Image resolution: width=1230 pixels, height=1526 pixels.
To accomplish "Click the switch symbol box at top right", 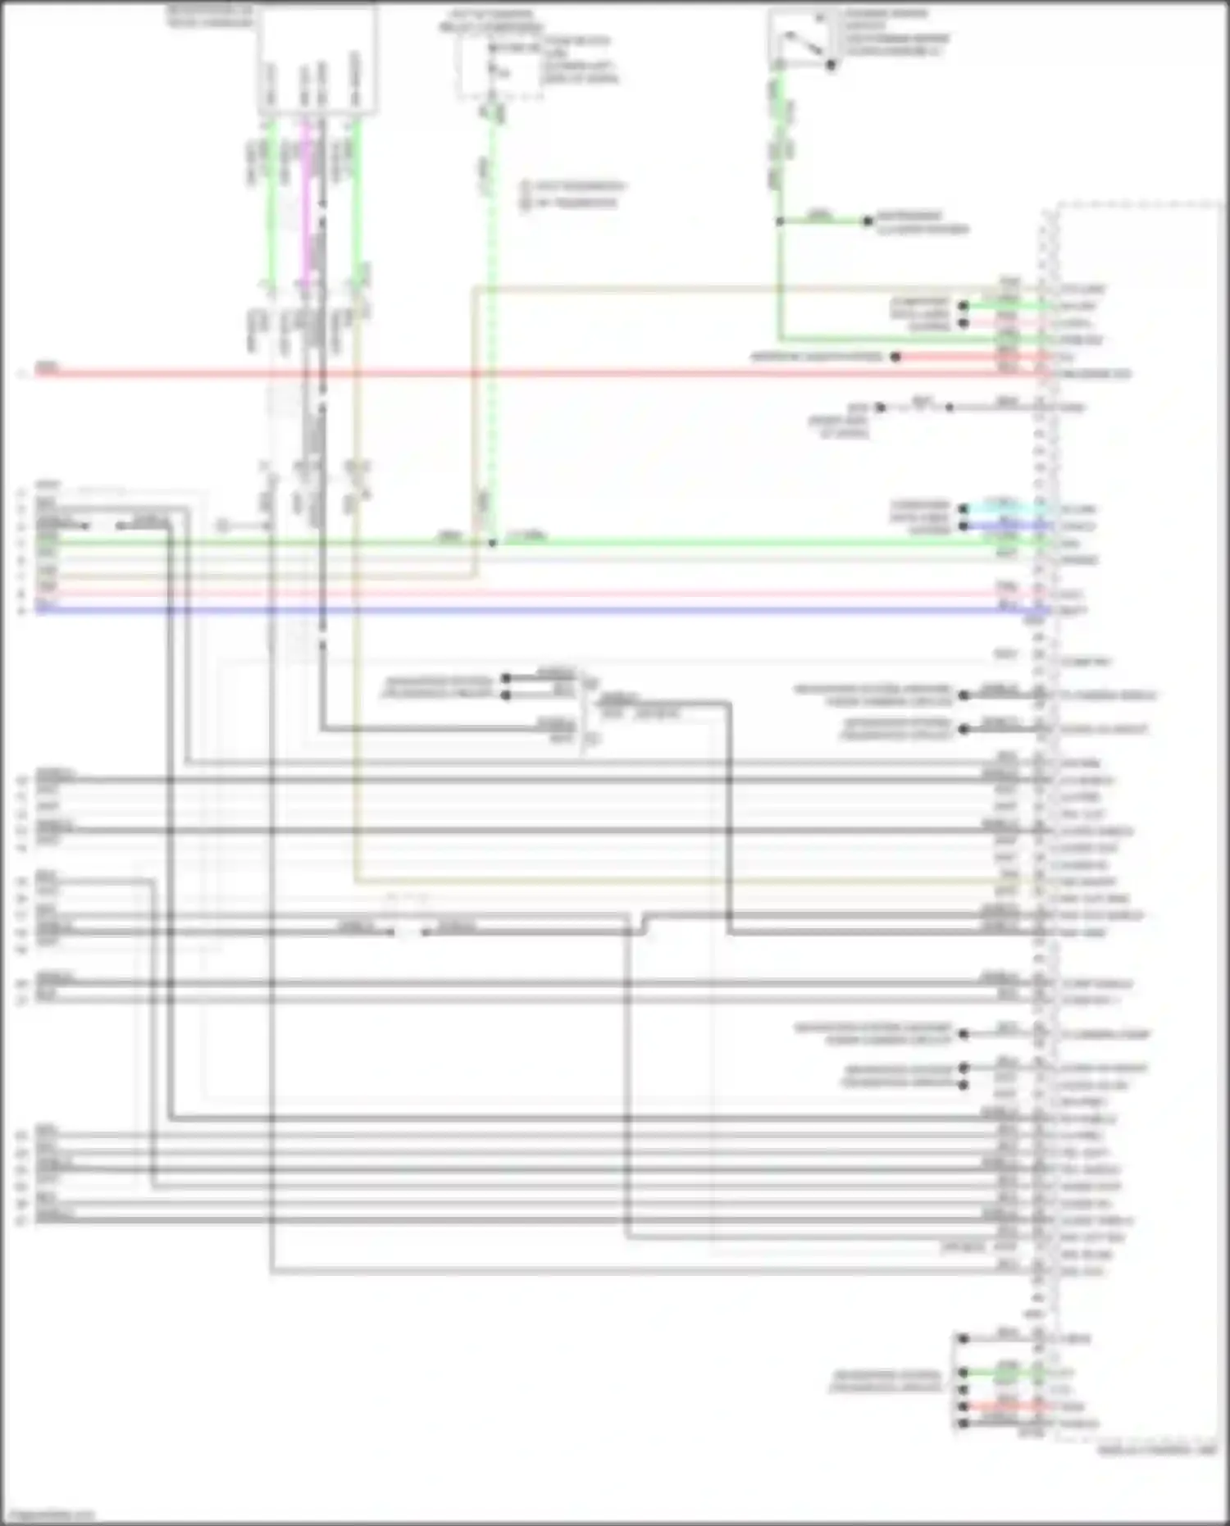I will pyautogui.click(x=800, y=38).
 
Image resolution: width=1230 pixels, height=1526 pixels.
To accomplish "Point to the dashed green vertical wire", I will pyautogui.click(x=492, y=328).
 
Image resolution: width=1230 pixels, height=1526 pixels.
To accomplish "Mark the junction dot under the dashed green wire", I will pyautogui.click(x=492, y=542).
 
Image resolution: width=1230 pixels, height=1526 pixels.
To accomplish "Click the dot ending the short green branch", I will pyautogui.click(x=868, y=221).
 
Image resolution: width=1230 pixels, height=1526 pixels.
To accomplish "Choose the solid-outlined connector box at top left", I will pyautogui.click(x=317, y=59).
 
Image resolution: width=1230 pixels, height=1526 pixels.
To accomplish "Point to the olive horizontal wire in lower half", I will pyautogui.click(x=656, y=882).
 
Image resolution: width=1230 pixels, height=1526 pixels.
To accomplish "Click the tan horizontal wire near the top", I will pyautogui.click(x=738, y=289).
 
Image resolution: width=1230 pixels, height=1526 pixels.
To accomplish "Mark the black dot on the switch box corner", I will pyautogui.click(x=831, y=65).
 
